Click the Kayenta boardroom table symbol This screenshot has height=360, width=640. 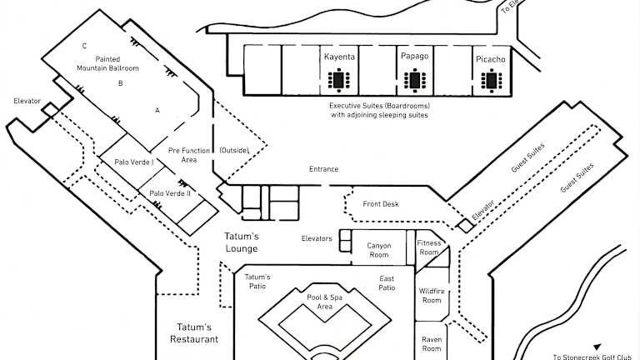pos(339,81)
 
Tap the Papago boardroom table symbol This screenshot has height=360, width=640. pos(414,81)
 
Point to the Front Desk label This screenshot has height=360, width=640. pos(381,204)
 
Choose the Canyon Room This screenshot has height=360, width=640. pos(379,250)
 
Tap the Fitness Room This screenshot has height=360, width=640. pos(429,247)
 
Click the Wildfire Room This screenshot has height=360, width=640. pos(431,295)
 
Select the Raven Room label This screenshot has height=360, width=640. pos(431,343)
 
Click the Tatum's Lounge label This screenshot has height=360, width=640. pos(242,242)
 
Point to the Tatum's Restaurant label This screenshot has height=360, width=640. pos(194,333)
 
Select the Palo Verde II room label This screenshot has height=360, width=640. pos(170,193)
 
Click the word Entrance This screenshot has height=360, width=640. pos(323,169)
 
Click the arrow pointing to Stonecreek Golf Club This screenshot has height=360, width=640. pos(597,347)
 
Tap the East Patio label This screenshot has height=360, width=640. pos(387,282)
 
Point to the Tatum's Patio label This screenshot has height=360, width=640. pos(257,282)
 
